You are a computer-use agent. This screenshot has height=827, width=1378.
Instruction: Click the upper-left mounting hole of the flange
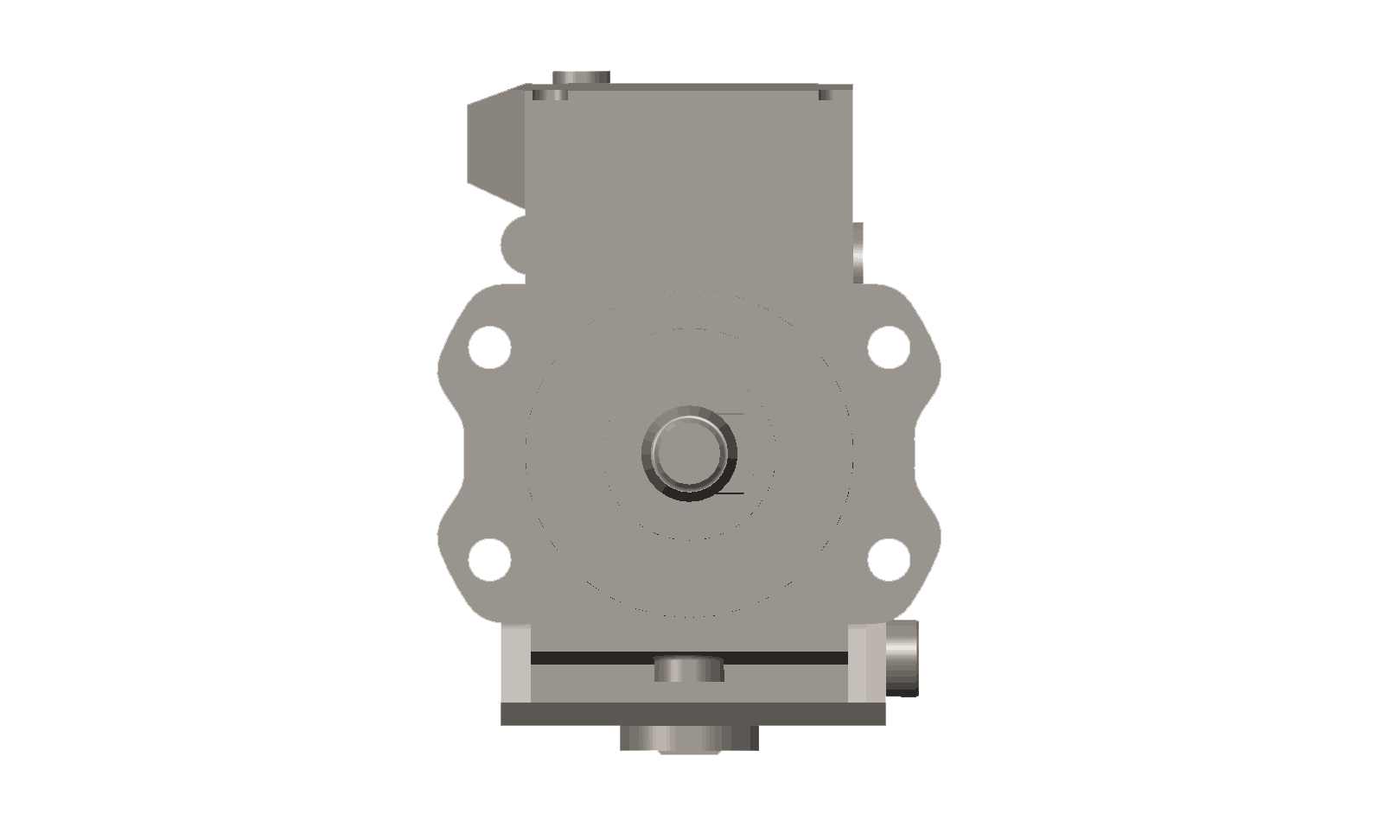(489, 347)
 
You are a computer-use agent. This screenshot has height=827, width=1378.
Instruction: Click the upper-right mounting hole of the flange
(888, 347)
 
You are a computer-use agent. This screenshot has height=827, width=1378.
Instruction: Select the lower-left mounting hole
(489, 558)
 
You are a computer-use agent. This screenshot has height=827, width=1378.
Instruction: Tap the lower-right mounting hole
(888, 558)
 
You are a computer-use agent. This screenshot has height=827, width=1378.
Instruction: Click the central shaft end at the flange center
(688, 452)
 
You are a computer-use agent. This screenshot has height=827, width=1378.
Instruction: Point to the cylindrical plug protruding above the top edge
(580, 77)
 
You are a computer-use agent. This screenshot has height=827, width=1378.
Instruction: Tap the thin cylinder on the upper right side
(858, 253)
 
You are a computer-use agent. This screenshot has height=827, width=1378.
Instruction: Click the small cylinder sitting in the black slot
(688, 669)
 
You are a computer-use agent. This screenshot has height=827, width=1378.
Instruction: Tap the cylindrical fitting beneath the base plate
(688, 738)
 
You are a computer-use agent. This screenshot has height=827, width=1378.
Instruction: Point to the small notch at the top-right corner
(835, 92)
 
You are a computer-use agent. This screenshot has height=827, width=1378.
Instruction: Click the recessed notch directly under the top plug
(551, 92)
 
